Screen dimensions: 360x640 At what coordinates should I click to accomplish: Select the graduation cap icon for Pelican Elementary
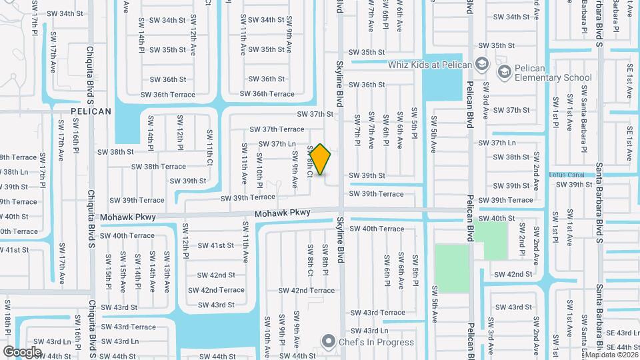[505, 70]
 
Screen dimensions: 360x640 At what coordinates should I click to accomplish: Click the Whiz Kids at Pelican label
[430, 65]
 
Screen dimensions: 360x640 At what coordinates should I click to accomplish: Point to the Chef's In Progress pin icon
[328, 342]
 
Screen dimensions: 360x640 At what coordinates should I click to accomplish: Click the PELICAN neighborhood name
[91, 111]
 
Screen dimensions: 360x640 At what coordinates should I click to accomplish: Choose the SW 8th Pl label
[325, 260]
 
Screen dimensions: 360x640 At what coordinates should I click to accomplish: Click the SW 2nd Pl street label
[522, 238]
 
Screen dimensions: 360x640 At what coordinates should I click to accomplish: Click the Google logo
[22, 351]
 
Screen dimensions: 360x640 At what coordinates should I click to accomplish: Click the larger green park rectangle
[451, 268]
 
